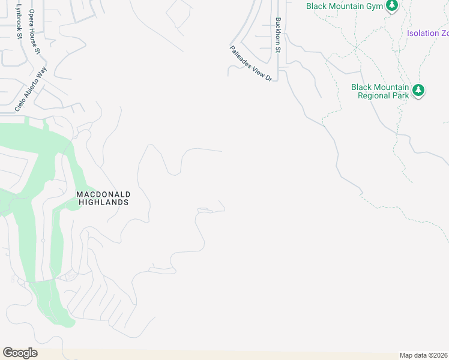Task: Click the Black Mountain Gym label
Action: [344, 6]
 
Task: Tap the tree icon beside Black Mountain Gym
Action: [392, 5]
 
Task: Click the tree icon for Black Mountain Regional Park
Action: [418, 91]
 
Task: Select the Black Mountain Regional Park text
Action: [380, 91]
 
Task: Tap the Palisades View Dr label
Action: [251, 63]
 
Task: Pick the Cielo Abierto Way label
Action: [31, 89]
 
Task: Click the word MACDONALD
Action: [103, 194]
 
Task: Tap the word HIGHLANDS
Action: [104, 203]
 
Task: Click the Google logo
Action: [20, 353]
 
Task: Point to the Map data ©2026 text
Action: [423, 355]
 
